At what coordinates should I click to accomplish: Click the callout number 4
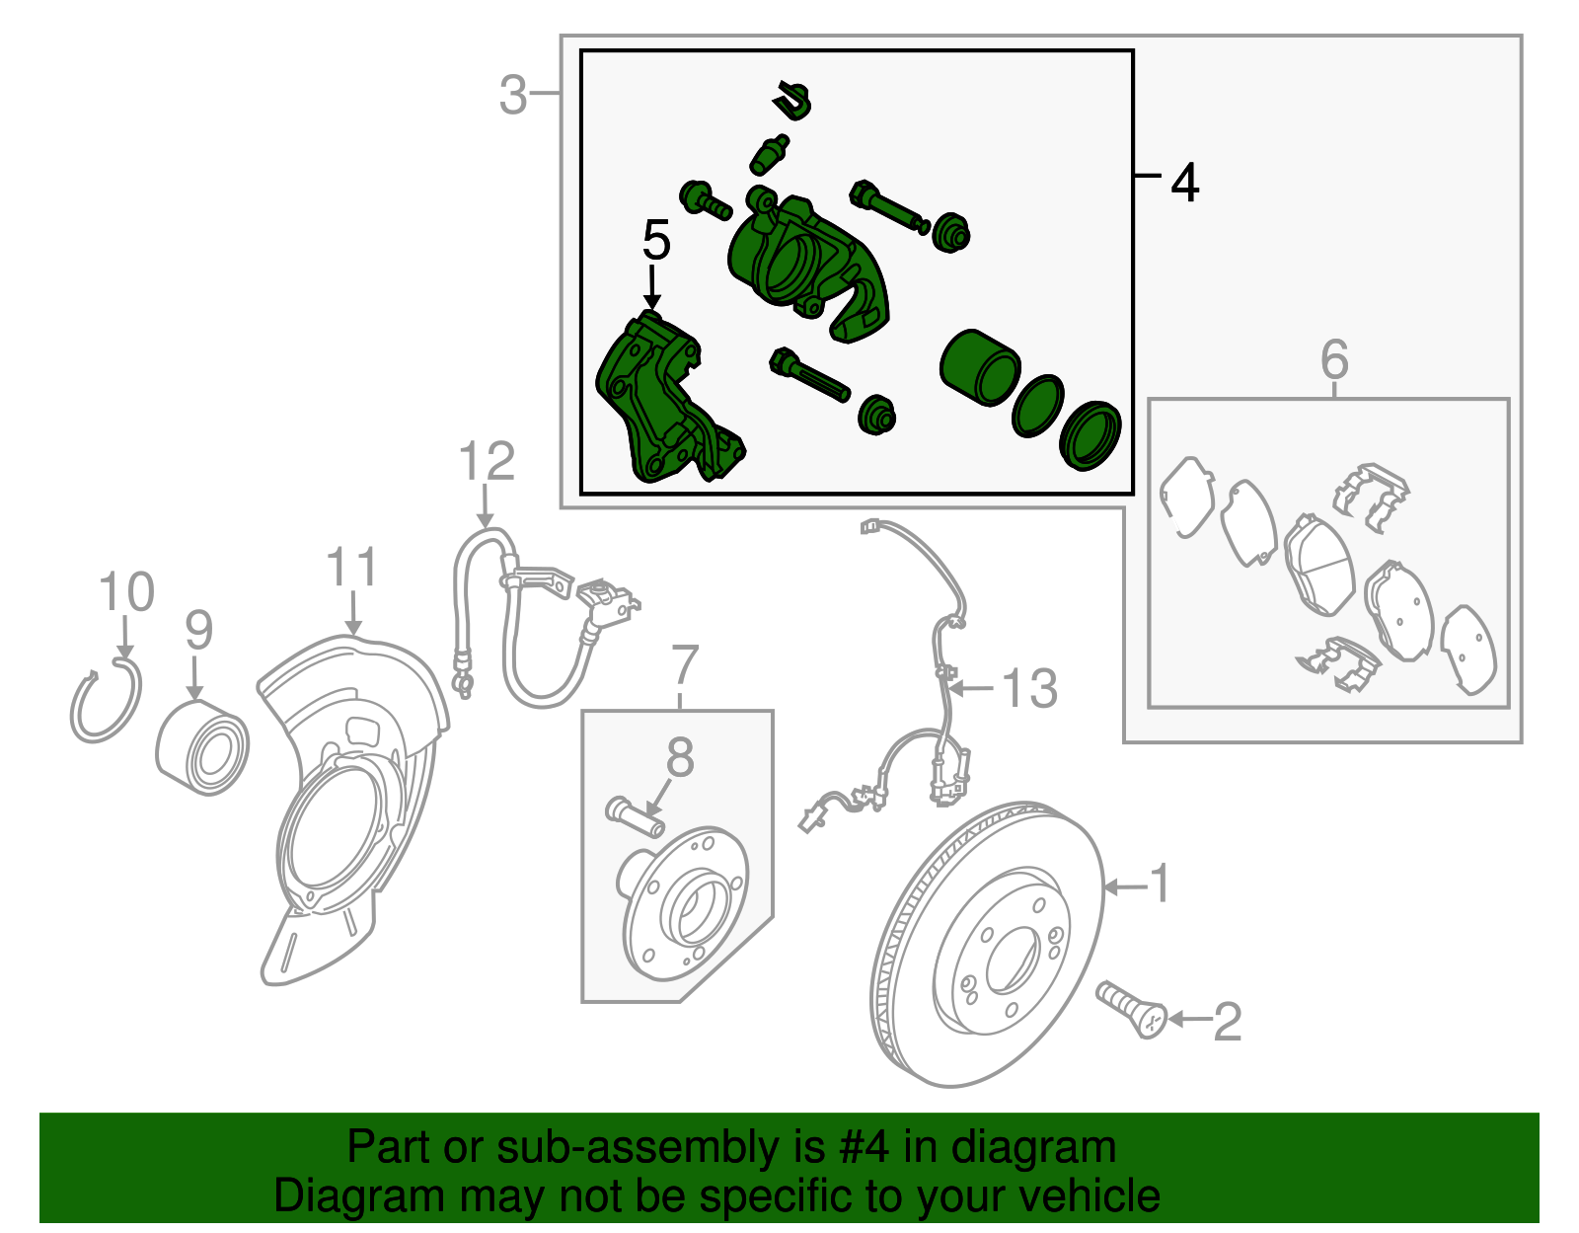coord(1184,184)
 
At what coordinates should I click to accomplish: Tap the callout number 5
coord(656,240)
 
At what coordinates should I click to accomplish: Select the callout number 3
coord(513,96)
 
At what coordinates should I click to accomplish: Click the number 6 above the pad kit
coord(1333,359)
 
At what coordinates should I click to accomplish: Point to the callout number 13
coord(1029,688)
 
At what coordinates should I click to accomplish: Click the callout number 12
coord(488,462)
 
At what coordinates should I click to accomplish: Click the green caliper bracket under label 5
coord(661,405)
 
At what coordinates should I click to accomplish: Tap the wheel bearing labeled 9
coord(203,747)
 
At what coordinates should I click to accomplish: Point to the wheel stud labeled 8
coord(634,816)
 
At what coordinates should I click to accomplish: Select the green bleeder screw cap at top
coord(793,99)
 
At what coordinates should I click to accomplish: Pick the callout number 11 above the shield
coord(351,568)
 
